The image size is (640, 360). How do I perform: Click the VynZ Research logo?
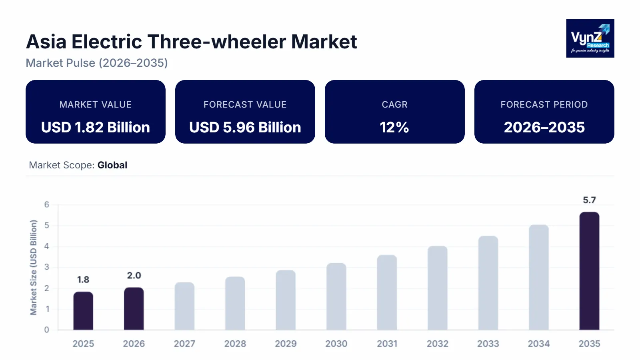(x=590, y=38)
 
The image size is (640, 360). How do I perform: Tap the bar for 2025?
(x=83, y=311)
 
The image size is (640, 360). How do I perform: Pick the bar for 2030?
(x=336, y=296)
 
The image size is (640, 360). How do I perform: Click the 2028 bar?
(x=235, y=303)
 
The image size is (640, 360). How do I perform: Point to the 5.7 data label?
(x=589, y=200)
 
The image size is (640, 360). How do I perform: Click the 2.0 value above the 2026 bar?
(x=134, y=276)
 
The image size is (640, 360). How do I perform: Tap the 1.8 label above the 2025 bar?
(x=83, y=280)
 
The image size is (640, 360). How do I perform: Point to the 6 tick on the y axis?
(x=47, y=205)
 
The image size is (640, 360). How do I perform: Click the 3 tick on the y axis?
(x=47, y=267)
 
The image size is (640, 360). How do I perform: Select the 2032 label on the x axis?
(x=437, y=344)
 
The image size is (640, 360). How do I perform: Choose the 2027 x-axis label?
(x=184, y=344)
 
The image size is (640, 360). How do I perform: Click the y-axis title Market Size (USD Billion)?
(x=34, y=267)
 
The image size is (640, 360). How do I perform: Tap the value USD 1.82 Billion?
(x=96, y=127)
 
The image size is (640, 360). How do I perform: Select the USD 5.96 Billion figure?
(x=245, y=127)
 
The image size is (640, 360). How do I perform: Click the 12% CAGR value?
(x=394, y=127)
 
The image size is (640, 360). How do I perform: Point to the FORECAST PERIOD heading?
(x=544, y=104)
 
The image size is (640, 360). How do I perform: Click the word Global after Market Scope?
(x=112, y=165)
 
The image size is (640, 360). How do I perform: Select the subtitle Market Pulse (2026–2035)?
(x=97, y=63)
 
